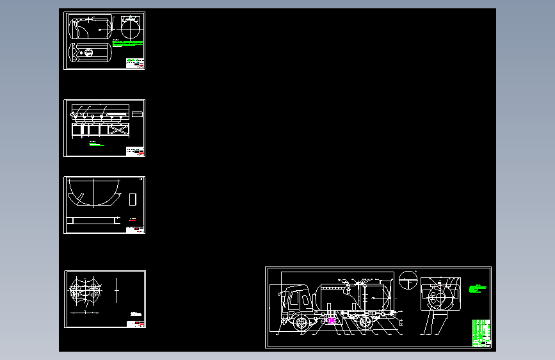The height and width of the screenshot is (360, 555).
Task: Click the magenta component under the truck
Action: pos(332,320)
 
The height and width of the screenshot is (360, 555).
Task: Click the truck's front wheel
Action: pos(301,322)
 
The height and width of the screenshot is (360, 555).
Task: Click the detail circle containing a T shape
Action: pos(406,280)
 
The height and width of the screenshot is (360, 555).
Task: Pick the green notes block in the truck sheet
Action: pos(475,289)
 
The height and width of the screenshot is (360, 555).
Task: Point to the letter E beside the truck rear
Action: pos(401,325)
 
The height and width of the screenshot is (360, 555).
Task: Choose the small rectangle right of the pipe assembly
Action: pos(136,114)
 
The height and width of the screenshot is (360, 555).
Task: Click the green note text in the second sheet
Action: pos(95,144)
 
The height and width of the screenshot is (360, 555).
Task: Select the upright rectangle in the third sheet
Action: pos(133,199)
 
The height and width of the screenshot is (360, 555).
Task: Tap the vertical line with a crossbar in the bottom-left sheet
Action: pos(117,291)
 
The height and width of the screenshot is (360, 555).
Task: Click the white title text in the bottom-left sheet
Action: pos(135,314)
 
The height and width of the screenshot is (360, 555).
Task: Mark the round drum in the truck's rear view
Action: pos(440,296)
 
